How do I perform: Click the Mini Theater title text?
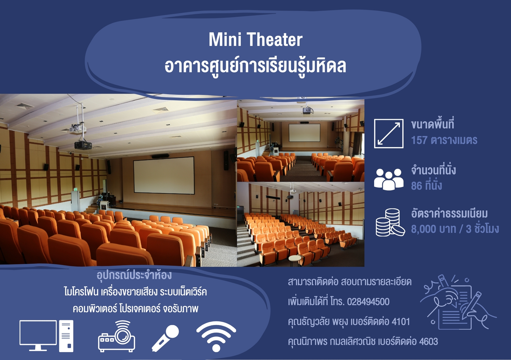tap(255, 40)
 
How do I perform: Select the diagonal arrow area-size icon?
tap(389, 134)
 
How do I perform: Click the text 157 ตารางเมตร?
tap(444, 140)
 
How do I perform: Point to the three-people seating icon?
tap(389, 179)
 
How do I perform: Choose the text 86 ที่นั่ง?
tap(426, 185)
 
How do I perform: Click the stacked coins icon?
tap(390, 222)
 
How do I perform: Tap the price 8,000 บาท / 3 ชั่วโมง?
tap(455, 228)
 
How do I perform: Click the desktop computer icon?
tap(47, 336)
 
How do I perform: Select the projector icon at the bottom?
tap(117, 336)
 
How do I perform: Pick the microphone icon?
tap(165, 338)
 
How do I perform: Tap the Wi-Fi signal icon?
tap(216, 336)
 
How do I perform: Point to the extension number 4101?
tap(401, 322)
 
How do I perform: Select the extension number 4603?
tap(428, 341)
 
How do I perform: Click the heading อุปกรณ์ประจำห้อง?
tap(134, 275)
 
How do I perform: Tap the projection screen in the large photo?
tap(164, 175)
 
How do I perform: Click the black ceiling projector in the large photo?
tap(83, 145)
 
